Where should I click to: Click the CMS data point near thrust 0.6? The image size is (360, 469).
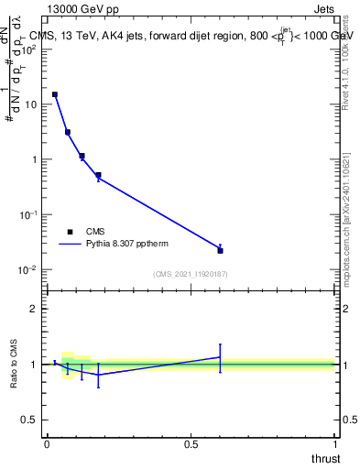coord(220,250)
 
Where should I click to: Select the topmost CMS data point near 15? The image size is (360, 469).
coord(55,94)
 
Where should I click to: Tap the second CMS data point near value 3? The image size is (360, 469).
coord(68,132)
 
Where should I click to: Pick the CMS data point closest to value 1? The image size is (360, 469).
coord(82,156)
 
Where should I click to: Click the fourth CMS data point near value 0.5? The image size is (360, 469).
coord(98,175)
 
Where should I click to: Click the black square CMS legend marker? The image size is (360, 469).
coord(70,232)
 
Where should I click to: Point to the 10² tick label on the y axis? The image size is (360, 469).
coord(28,49)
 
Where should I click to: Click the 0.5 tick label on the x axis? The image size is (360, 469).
coord(191,444)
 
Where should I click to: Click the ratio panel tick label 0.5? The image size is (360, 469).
coord(28,420)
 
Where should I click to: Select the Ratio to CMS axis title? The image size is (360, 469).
coord(14,365)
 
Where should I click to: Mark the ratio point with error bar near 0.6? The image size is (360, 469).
coord(220,357)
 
